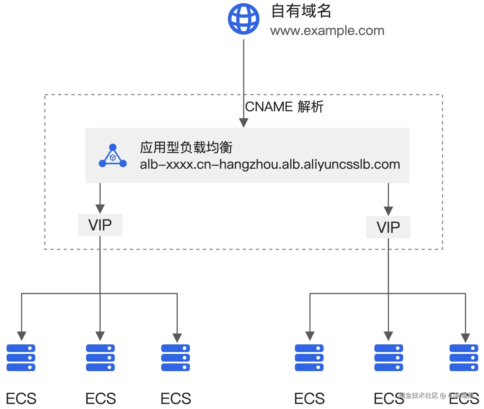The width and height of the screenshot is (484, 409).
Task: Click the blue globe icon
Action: click(x=244, y=19)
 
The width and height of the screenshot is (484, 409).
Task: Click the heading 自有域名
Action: click(x=301, y=11)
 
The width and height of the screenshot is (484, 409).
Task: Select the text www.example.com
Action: click(x=327, y=31)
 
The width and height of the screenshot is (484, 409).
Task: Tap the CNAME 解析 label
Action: click(x=284, y=107)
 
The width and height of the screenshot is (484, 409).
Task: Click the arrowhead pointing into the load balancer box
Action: click(x=244, y=123)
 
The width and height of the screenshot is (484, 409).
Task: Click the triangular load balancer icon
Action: click(x=113, y=156)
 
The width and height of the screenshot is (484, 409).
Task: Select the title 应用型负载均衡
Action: click(x=186, y=147)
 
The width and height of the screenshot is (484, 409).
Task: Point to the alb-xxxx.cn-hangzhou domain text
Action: click(x=270, y=165)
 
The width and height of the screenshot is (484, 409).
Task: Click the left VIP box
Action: click(x=100, y=225)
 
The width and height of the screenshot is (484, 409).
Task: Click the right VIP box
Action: click(x=388, y=227)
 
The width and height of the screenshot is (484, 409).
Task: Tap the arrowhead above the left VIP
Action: click(x=100, y=209)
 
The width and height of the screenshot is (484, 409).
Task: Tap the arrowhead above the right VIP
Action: click(x=388, y=211)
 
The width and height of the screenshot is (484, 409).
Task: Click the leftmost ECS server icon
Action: click(x=21, y=358)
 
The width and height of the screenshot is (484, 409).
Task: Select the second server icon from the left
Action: click(x=100, y=358)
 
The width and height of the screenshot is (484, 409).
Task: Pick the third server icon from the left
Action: click(x=176, y=358)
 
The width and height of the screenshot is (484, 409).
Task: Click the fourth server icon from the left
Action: click(x=309, y=358)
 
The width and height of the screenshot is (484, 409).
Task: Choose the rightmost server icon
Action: click(x=464, y=358)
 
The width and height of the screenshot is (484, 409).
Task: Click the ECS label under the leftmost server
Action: click(x=21, y=398)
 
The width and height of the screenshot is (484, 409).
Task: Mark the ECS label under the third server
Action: click(x=176, y=398)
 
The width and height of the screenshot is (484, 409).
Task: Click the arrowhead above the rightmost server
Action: click(x=465, y=338)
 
